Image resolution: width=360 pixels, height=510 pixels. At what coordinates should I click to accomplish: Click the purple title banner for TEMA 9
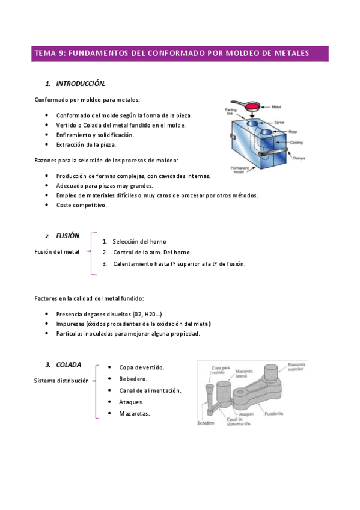click(180, 53)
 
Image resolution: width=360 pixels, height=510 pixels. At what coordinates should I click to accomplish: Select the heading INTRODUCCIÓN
click(81, 83)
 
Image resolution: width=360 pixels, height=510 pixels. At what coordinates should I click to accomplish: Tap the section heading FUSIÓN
click(67, 236)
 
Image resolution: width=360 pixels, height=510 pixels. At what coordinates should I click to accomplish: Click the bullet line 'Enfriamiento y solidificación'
click(94, 135)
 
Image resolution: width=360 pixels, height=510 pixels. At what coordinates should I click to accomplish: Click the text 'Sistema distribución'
click(61, 381)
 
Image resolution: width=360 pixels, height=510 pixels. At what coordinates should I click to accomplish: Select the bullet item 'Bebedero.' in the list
click(133, 379)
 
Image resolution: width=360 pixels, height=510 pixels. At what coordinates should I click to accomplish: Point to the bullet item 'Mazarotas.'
click(135, 413)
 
